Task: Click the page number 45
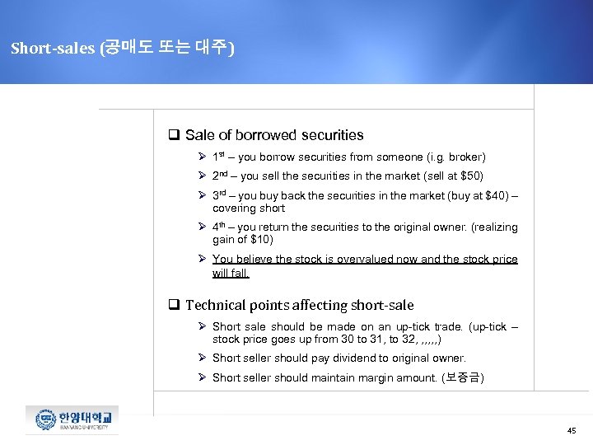click(572, 431)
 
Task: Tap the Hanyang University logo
click(72, 419)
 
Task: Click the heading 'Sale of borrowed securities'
click(273, 135)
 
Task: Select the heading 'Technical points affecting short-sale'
click(299, 305)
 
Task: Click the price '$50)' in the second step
click(471, 176)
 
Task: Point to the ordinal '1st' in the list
click(219, 156)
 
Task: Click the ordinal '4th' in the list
click(220, 227)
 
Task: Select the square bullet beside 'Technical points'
click(175, 305)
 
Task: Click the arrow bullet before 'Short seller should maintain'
click(202, 377)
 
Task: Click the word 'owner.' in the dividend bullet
click(450, 358)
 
